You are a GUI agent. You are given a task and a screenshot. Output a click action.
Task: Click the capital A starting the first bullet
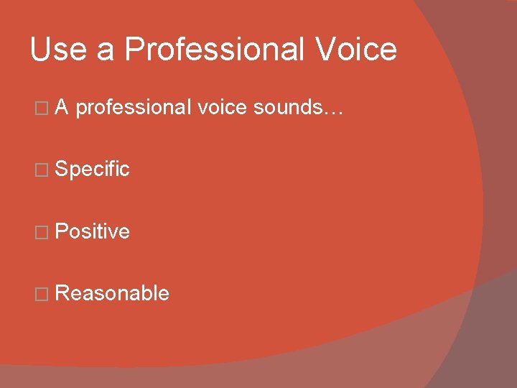pyautogui.click(x=62, y=108)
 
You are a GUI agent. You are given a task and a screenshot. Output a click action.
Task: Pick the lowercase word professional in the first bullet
pyautogui.click(x=133, y=108)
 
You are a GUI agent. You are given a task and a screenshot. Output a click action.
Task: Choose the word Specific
pyautogui.click(x=92, y=170)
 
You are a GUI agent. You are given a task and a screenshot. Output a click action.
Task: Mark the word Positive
pyautogui.click(x=92, y=231)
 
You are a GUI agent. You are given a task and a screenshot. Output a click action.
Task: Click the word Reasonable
pyautogui.click(x=112, y=293)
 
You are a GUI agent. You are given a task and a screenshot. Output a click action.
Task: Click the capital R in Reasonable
pyautogui.click(x=62, y=293)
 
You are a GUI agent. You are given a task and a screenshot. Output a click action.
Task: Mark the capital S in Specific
pyautogui.click(x=61, y=170)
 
